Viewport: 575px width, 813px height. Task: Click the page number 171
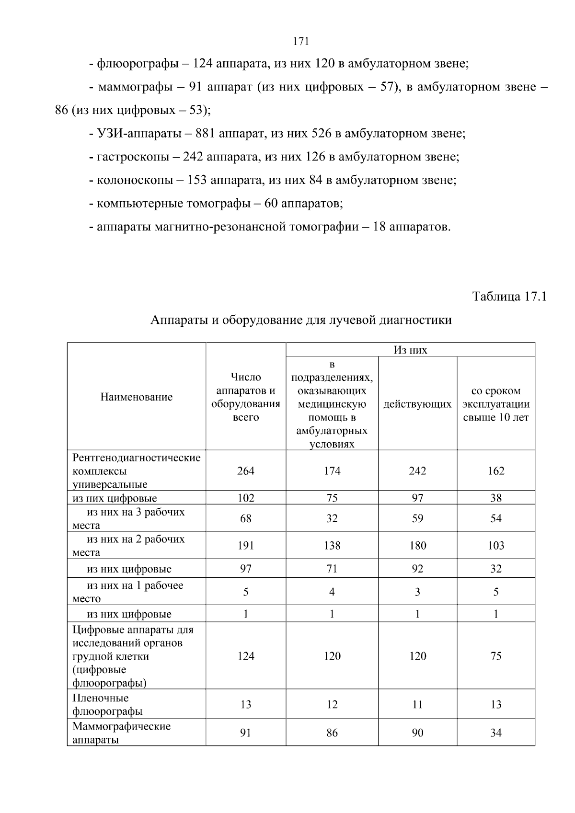tap(300, 41)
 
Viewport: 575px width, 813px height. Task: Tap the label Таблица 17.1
tap(509, 297)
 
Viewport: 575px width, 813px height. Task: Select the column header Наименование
tap(137, 397)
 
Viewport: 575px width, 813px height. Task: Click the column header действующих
tap(417, 404)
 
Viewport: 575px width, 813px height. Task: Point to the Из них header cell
tap(410, 350)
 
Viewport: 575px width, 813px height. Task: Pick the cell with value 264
tap(246, 470)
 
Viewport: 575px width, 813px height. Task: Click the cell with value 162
tap(496, 470)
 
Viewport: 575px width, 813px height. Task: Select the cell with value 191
tap(246, 545)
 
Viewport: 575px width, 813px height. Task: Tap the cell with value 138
tap(332, 545)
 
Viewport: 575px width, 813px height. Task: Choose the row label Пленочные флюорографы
tap(108, 704)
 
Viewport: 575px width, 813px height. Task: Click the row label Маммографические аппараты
tap(121, 733)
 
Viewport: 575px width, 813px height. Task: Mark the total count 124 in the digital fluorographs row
tap(246, 656)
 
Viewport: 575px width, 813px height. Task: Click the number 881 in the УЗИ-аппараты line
tap(205, 133)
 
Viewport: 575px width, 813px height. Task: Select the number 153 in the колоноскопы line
tap(197, 180)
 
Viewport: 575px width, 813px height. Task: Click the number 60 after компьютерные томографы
tap(271, 204)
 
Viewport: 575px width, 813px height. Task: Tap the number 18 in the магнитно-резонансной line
tap(379, 227)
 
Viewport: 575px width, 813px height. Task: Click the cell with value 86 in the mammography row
tap(332, 733)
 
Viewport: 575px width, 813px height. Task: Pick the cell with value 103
tap(496, 545)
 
